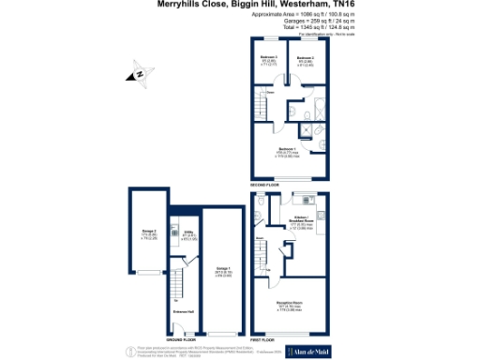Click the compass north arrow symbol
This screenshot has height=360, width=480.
(x=139, y=72)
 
